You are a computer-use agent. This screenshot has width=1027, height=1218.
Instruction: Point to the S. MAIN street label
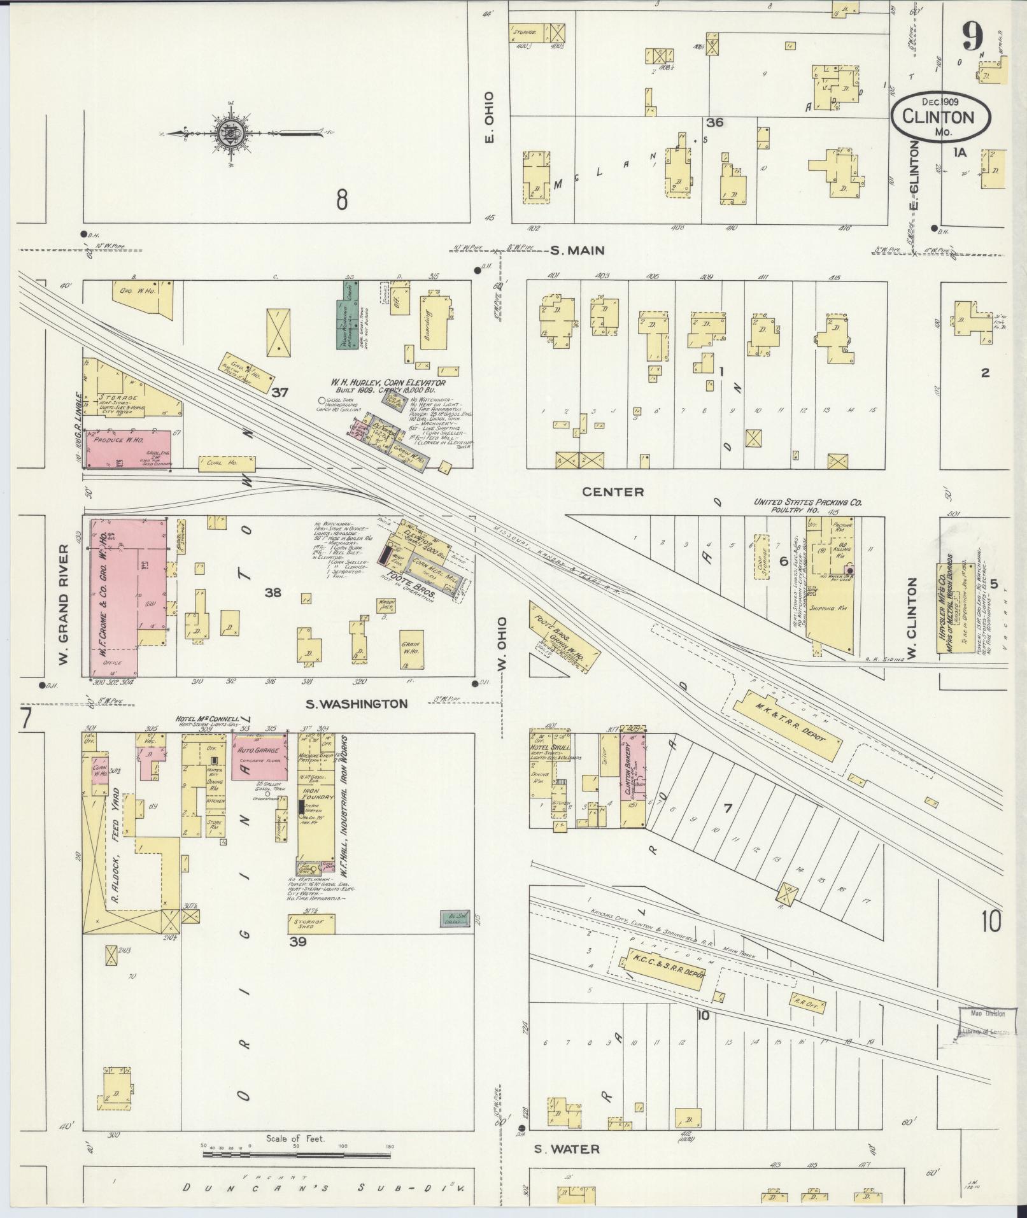click(577, 251)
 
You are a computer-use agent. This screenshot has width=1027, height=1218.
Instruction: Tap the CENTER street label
click(614, 492)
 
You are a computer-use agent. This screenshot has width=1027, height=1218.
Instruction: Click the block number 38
click(273, 593)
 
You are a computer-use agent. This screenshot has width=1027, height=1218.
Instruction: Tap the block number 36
click(714, 122)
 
